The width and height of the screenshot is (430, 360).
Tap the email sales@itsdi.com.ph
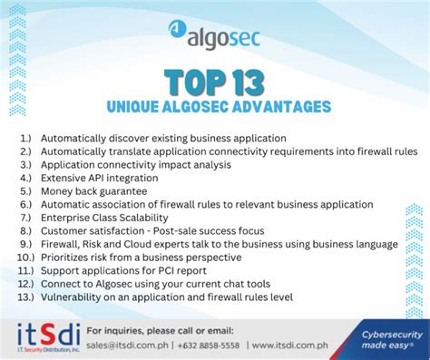126,345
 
